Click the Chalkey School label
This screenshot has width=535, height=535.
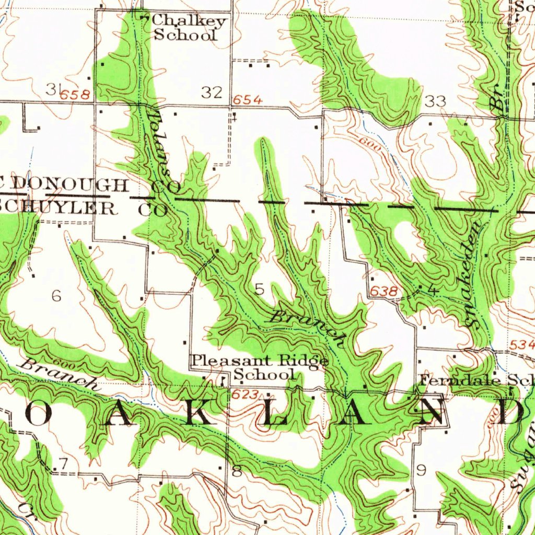click(x=188, y=28)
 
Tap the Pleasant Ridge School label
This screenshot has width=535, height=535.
click(x=260, y=367)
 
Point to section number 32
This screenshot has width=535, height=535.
click(x=212, y=93)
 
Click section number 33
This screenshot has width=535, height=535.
click(x=435, y=101)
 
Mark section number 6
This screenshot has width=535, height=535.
click(x=56, y=296)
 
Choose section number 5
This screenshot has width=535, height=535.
click(x=260, y=289)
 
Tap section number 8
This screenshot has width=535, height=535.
click(x=237, y=472)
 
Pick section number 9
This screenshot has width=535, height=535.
click(x=421, y=471)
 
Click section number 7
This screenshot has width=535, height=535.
click(x=63, y=463)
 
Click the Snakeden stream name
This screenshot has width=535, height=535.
click(x=475, y=274)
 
